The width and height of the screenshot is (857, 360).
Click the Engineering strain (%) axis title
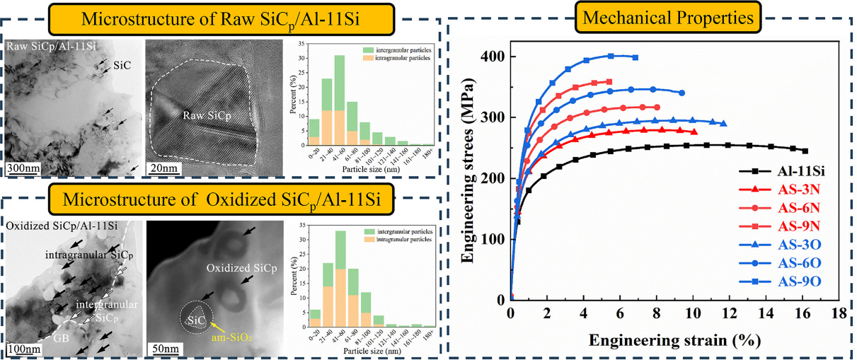[675, 341]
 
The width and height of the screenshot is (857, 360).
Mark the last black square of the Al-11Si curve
[805, 151]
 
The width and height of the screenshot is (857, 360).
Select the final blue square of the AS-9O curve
[635, 57]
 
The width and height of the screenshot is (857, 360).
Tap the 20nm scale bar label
[162, 168]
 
